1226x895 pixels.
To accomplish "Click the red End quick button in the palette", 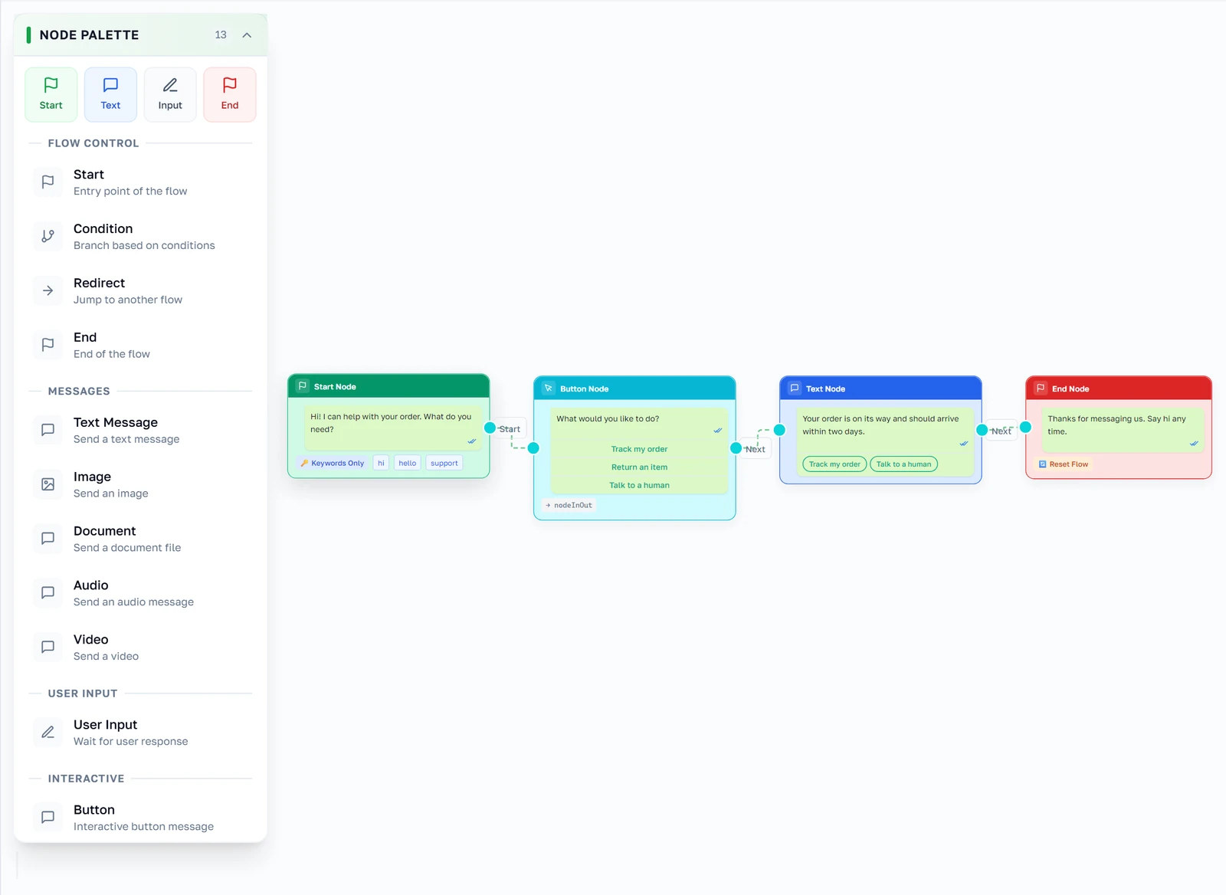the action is click(229, 94).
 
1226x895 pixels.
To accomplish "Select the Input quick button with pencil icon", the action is click(169, 94).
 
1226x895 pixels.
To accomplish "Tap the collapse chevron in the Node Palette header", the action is click(247, 35).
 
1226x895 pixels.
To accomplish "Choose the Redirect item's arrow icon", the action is click(48, 290).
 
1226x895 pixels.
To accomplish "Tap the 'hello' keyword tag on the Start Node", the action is click(407, 463).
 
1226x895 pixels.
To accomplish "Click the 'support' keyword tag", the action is click(444, 463).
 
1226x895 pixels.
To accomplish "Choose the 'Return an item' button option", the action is click(639, 467).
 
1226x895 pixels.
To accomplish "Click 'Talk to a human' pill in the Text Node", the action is click(903, 464).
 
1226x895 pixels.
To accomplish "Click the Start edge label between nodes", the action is click(510, 429).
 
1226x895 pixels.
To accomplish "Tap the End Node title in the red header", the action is click(1070, 388).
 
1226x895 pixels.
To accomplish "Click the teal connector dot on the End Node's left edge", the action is click(1025, 427).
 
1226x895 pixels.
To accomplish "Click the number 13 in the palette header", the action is click(221, 35).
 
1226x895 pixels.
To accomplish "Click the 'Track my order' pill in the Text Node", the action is click(834, 464).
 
